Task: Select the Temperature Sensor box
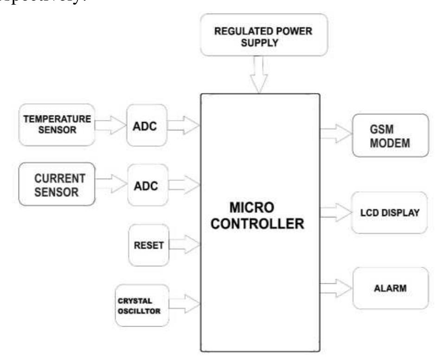pos(56,124)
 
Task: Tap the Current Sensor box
pos(56,184)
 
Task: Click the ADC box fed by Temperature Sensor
pos(146,125)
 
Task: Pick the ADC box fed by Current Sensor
pos(146,186)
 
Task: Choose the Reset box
pos(148,245)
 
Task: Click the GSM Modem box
pos(389,136)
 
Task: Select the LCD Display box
pos(389,213)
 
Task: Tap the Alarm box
pos(390,288)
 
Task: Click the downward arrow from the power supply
pos(258,74)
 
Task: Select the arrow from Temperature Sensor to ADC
pos(110,124)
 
